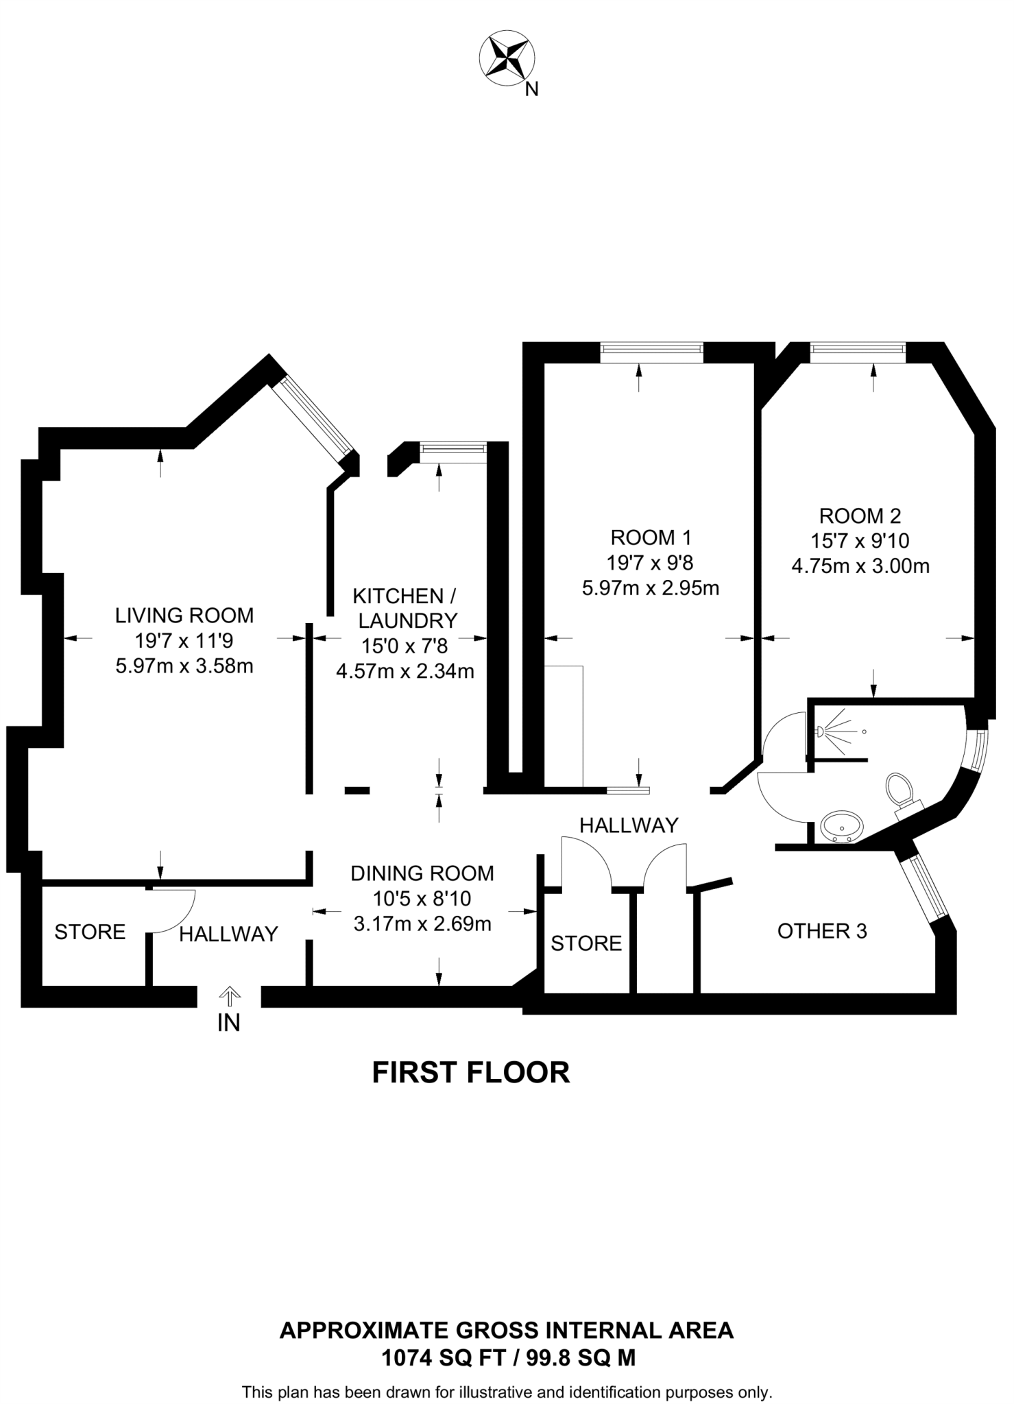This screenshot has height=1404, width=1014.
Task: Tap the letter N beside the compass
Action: (x=531, y=89)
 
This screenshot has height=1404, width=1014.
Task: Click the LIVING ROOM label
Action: (x=184, y=615)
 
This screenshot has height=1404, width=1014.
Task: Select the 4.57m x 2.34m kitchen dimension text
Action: (x=405, y=671)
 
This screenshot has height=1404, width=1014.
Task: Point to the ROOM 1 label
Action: (x=651, y=537)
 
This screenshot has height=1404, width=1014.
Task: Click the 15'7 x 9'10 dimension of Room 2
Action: (x=860, y=541)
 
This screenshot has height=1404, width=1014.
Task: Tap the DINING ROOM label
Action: (x=422, y=873)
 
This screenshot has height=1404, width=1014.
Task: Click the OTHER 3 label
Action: (x=822, y=931)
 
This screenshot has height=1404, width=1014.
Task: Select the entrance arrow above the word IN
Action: (x=229, y=995)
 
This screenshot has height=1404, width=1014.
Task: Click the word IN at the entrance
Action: (x=229, y=1024)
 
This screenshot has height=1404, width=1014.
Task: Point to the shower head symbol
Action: (x=821, y=731)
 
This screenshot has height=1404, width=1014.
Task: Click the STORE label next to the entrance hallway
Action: (x=90, y=932)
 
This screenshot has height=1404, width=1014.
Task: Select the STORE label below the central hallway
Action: (x=586, y=943)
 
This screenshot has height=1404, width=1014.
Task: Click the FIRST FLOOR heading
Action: (x=471, y=1073)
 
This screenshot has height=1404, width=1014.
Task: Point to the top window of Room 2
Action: (x=858, y=351)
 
